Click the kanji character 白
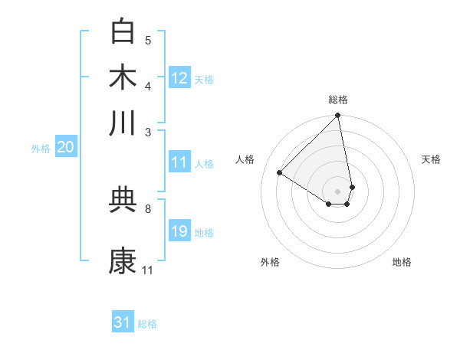pyautogui.click(x=123, y=31)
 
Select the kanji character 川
pyautogui.click(x=123, y=123)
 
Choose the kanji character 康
pyautogui.click(x=123, y=260)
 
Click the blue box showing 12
pyautogui.click(x=179, y=78)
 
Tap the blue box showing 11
pyautogui.click(x=179, y=162)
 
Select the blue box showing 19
pyautogui.click(x=179, y=231)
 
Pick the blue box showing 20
pyautogui.click(x=65, y=148)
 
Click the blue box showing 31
pyautogui.click(x=123, y=322)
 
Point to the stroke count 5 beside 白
pyautogui.click(x=148, y=41)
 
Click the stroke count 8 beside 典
pyautogui.click(x=148, y=208)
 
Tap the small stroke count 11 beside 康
pyautogui.click(x=148, y=270)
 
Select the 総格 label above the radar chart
pyautogui.click(x=338, y=100)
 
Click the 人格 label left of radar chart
pyautogui.click(x=245, y=159)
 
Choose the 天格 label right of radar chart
pyautogui.click(x=431, y=159)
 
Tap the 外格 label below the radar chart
pyautogui.click(x=270, y=262)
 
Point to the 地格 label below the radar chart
pyautogui.click(x=402, y=262)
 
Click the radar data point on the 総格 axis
pyautogui.click(x=338, y=116)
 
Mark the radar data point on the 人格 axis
pyautogui.click(x=280, y=172)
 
